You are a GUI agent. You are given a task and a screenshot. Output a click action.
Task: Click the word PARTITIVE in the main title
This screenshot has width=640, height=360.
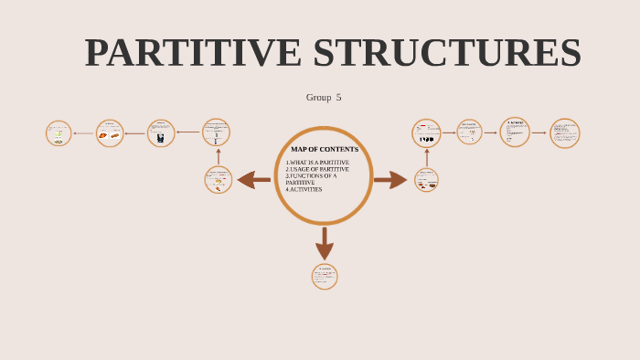(193, 53)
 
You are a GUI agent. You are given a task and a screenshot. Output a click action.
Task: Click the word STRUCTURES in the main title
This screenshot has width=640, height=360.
(447, 53)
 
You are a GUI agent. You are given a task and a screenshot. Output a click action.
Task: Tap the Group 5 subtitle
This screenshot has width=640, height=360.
(324, 97)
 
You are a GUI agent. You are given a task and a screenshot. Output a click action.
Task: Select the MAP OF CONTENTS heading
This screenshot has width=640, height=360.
(325, 149)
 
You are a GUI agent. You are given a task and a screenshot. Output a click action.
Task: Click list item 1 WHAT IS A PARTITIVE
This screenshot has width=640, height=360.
(317, 163)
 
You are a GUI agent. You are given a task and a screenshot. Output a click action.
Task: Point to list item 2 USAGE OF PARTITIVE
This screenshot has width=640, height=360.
(317, 169)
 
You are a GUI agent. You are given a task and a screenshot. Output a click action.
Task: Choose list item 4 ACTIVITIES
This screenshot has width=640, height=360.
(304, 189)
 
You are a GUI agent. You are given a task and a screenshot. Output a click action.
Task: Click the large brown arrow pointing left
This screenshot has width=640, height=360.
(253, 180)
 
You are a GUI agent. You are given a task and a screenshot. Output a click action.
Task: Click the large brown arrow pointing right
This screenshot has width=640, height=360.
(390, 180)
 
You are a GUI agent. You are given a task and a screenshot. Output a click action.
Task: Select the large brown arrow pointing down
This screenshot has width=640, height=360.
(324, 243)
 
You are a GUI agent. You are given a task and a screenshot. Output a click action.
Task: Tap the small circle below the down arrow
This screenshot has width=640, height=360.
(325, 277)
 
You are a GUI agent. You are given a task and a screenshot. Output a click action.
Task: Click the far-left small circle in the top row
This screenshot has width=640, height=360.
(59, 133)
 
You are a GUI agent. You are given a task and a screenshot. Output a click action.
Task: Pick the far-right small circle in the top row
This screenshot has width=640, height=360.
(565, 133)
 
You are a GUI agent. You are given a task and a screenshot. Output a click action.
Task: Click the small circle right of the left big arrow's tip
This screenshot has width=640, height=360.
(219, 180)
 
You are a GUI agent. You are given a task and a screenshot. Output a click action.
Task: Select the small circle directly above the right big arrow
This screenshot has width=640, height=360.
(426, 133)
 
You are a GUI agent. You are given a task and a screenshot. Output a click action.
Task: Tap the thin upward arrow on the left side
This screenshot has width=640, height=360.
(218, 156)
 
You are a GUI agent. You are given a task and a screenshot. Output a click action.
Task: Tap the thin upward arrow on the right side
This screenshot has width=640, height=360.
(426, 157)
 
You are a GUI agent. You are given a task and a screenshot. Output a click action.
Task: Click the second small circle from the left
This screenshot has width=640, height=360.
(110, 133)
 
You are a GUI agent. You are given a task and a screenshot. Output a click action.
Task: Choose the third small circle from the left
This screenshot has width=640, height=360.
(161, 133)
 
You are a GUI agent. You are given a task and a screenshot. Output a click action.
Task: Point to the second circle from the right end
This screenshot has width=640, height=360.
(515, 132)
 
